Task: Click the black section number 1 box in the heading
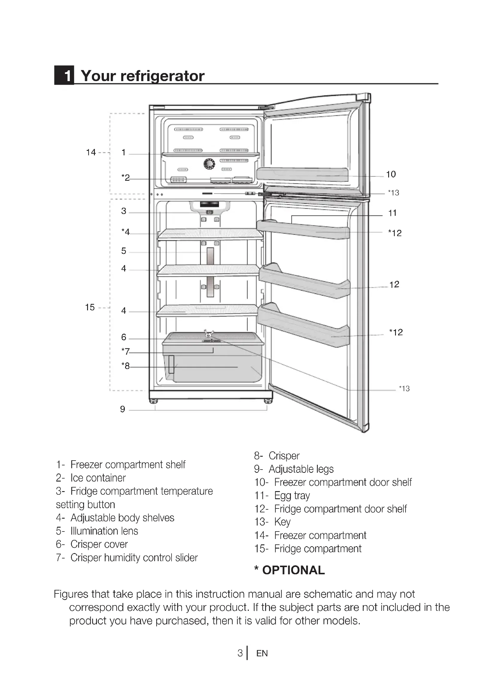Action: [x=64, y=75]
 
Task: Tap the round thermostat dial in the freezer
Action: [x=209, y=164]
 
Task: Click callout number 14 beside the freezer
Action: [x=91, y=152]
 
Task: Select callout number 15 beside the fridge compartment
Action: [x=90, y=307]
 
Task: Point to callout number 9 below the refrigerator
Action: [x=122, y=409]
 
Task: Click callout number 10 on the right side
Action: [x=391, y=174]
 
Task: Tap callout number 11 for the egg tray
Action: [x=392, y=213]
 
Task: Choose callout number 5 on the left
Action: [x=123, y=250]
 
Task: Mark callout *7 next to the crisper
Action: [x=125, y=351]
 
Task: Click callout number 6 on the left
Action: [x=123, y=337]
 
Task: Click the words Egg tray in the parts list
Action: [x=292, y=495]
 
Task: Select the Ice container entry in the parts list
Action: [x=98, y=478]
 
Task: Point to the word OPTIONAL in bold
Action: [x=293, y=570]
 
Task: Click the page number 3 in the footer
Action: [x=240, y=653]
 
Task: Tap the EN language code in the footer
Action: [x=262, y=653]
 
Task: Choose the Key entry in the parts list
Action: [x=282, y=522]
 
